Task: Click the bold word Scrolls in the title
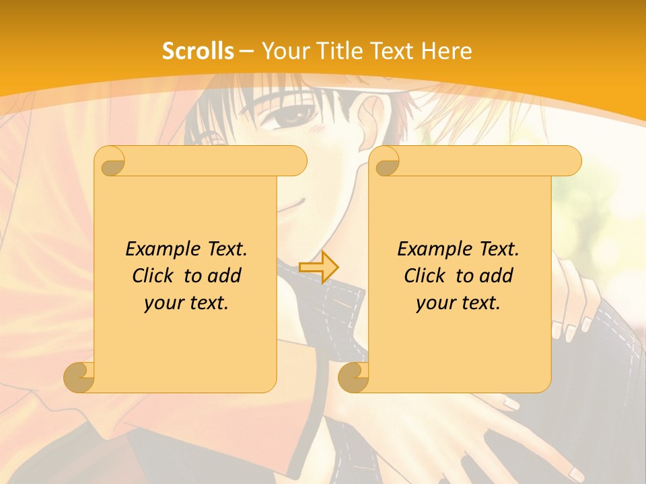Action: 199,51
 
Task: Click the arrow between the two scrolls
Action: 320,267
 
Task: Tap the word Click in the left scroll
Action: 153,276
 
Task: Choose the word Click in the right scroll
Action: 425,276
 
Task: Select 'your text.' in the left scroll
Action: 186,302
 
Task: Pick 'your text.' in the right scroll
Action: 458,302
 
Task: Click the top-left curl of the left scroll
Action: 110,162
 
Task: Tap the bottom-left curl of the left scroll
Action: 79,377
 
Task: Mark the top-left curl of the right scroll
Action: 385,162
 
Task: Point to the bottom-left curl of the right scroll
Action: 353,377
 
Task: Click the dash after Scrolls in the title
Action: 246,51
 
